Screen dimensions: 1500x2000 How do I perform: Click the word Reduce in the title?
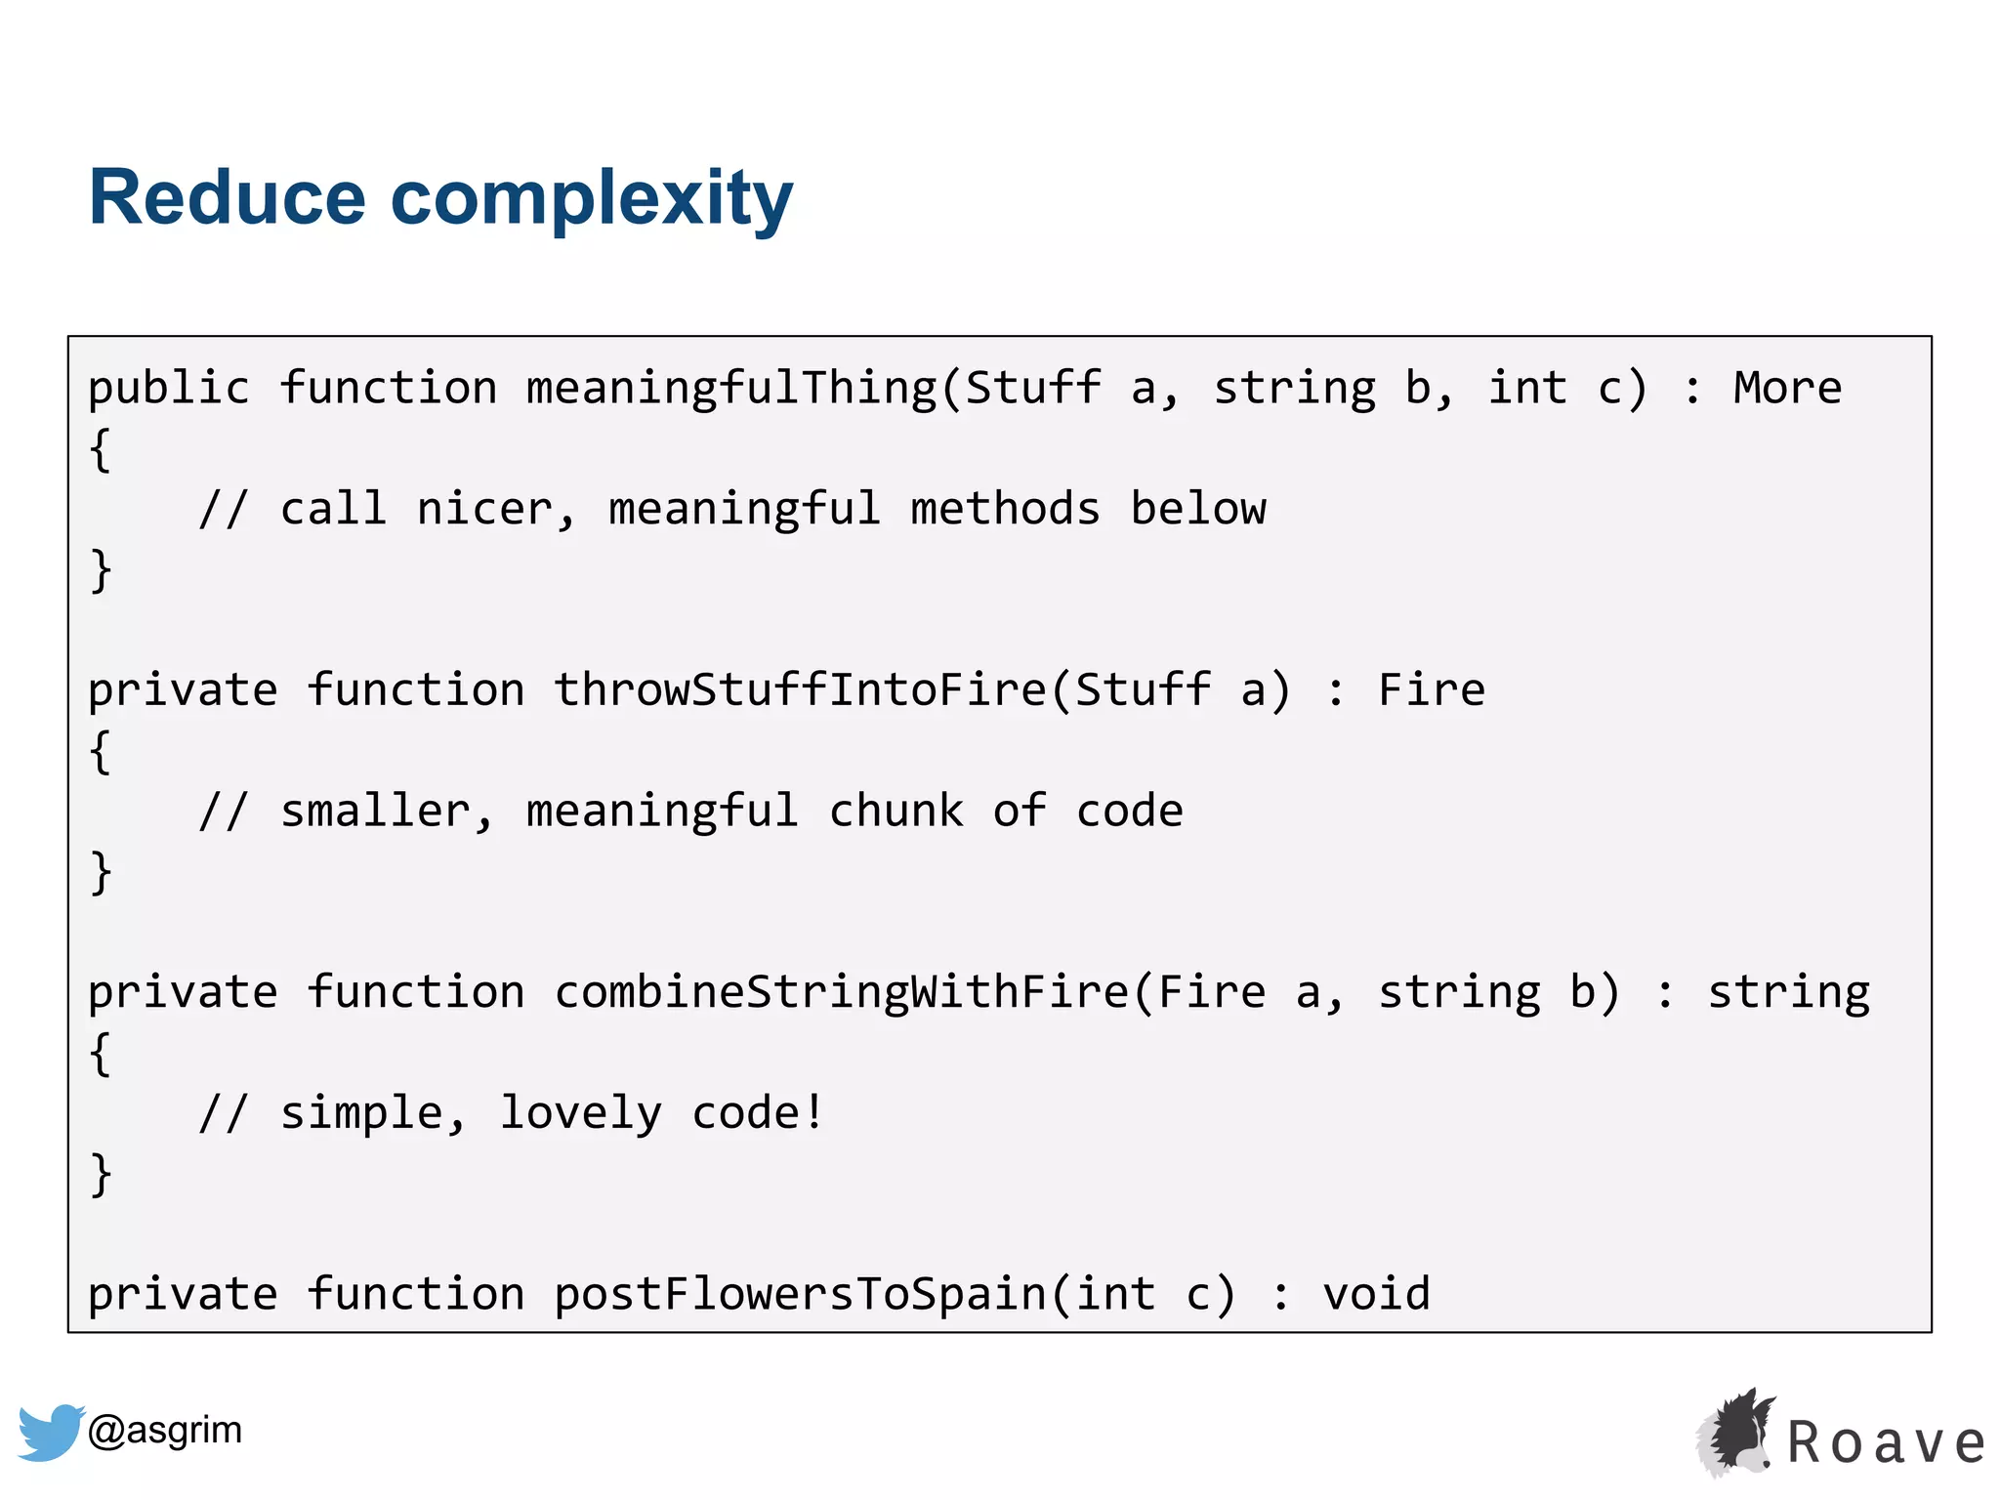(227, 198)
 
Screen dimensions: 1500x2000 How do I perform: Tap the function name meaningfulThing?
(731, 389)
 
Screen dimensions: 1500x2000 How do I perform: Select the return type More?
(1787, 388)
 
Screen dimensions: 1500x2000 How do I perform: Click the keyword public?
(168, 389)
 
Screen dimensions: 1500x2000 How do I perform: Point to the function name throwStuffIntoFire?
(800, 690)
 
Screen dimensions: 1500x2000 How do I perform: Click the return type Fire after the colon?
(1431, 689)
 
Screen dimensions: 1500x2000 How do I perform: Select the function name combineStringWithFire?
(841, 992)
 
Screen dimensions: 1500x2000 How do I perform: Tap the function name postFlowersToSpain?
(800, 1294)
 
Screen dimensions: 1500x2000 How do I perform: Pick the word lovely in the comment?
(580, 1113)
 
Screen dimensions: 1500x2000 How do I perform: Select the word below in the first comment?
(1197, 509)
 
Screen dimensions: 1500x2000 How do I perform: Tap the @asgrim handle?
(164, 1430)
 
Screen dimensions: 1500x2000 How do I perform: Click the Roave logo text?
(1886, 1443)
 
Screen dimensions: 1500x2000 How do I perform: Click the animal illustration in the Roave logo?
(1735, 1432)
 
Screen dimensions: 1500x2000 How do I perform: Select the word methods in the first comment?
(1005, 509)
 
